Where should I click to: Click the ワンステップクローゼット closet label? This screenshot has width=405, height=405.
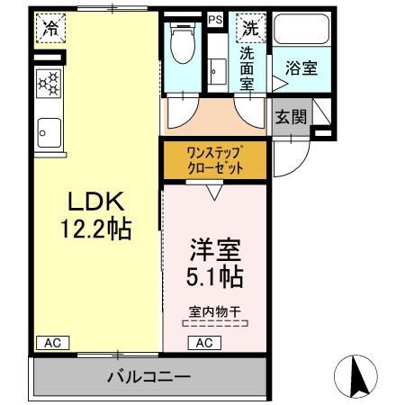click(214, 159)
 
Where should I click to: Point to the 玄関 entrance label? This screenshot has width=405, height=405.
click(290, 116)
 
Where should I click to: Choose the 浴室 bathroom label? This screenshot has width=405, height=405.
click(299, 67)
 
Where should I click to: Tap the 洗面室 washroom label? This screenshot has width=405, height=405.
click(246, 67)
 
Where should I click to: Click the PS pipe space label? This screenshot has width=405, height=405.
click(214, 19)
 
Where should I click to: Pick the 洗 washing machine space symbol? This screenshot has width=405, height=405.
click(247, 28)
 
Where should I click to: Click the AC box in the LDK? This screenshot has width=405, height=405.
click(51, 342)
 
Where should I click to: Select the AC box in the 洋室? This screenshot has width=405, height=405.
click(203, 342)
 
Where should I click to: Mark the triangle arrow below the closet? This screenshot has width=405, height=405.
click(214, 189)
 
